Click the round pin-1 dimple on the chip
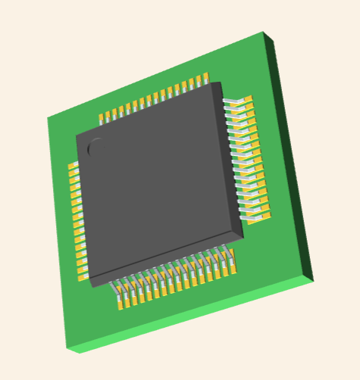[96, 148]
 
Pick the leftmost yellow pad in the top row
[103, 118]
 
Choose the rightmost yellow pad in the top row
[205, 78]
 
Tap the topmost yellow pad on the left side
[73, 166]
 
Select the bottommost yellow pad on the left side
[82, 274]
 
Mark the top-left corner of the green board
[48, 118]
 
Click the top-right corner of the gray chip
[219, 83]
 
